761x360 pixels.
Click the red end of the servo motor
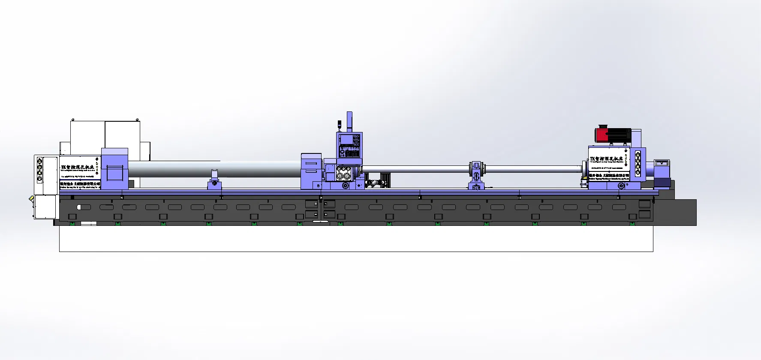602,135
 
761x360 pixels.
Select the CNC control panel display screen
346,139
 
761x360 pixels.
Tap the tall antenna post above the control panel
349,122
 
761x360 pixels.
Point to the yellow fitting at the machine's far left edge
31,199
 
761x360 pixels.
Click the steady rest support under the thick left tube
214,180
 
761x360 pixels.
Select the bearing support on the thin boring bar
476,171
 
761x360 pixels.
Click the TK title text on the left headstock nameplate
78,167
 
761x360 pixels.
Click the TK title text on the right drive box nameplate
606,159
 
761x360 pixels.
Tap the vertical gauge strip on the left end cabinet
39,170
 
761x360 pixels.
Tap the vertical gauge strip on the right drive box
638,163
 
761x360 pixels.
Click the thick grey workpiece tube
214,168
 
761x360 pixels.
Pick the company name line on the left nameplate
80,184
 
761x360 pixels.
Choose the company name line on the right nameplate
609,175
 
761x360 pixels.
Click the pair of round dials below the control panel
344,175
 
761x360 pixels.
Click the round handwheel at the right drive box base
621,186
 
